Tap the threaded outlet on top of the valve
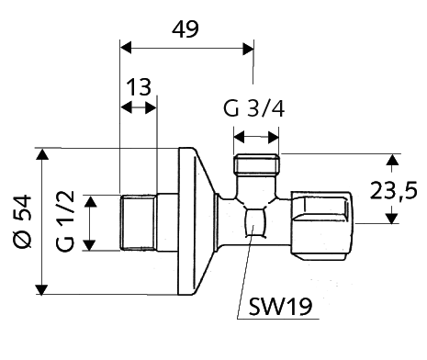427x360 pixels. pos(256,168)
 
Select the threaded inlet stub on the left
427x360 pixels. pos(138,221)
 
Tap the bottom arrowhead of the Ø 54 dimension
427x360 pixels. pos(42,289)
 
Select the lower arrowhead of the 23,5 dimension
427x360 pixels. pos(392,217)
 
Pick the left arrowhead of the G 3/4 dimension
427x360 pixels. pos(240,138)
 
